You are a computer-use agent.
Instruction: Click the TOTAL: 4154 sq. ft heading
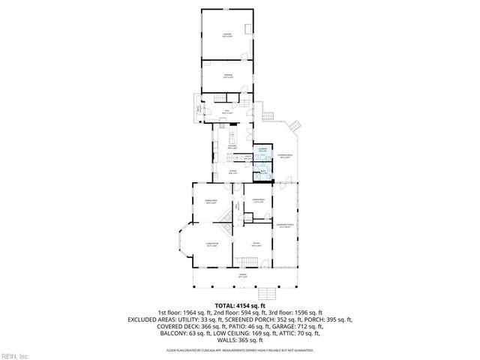pyautogui.click(x=240, y=305)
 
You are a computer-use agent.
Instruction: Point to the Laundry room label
pyautogui.click(x=262, y=150)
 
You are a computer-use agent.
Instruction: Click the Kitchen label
pyautogui.click(x=232, y=148)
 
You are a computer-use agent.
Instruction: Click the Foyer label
pyautogui.click(x=255, y=244)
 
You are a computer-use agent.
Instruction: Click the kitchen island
pyautogui.click(x=232, y=138)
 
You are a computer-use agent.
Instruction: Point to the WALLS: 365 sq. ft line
pyautogui.click(x=240, y=342)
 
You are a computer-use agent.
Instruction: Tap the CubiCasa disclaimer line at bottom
pyautogui.click(x=240, y=349)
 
